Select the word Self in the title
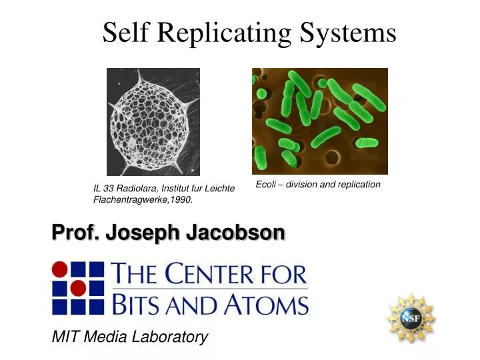(124, 32)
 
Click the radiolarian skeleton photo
(153, 121)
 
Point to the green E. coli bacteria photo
(319, 121)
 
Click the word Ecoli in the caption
(266, 185)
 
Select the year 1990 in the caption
(181, 200)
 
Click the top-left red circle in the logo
(60, 270)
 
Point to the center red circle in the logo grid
(78, 288)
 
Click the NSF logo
(411, 318)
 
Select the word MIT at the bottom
(64, 337)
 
